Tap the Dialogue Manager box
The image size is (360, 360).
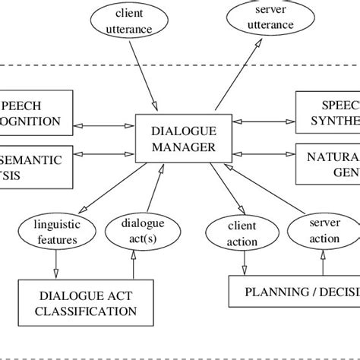coord(173,139)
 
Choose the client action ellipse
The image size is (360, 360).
coord(242,234)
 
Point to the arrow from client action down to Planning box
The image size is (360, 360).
coord(243,262)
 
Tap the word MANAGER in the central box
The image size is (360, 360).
coord(173,147)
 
